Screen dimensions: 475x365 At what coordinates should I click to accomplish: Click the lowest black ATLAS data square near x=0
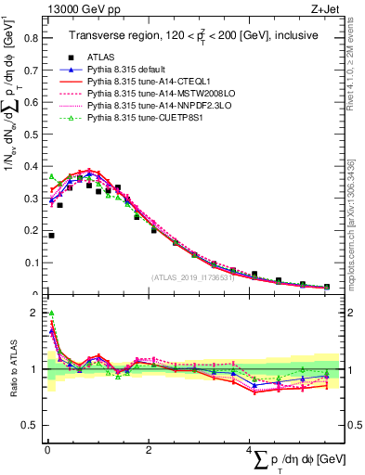pyautogui.click(x=51, y=236)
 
